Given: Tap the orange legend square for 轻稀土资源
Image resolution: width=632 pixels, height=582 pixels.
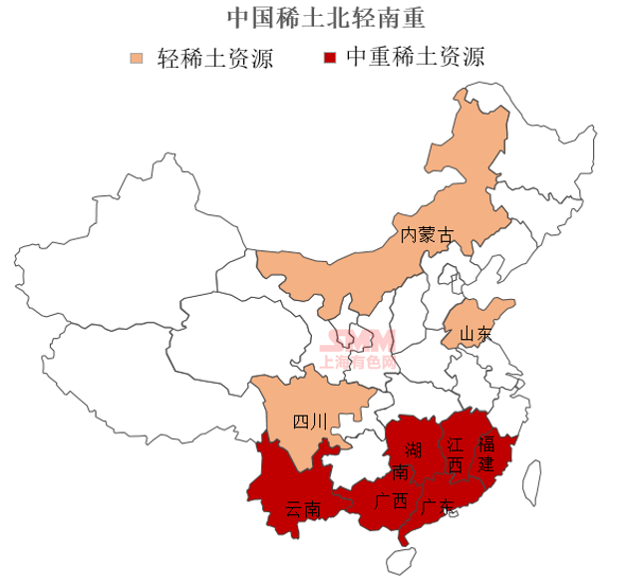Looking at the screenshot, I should [x=140, y=56].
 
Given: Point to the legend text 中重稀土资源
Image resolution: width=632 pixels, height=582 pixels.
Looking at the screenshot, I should [x=415, y=57].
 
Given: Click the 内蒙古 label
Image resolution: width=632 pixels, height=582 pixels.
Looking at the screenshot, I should [x=426, y=236].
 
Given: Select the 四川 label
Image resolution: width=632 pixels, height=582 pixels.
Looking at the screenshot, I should [x=309, y=422].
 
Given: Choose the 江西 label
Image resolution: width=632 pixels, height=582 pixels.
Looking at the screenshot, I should [x=455, y=453].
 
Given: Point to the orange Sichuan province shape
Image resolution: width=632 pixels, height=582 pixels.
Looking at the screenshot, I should [x=299, y=399].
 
